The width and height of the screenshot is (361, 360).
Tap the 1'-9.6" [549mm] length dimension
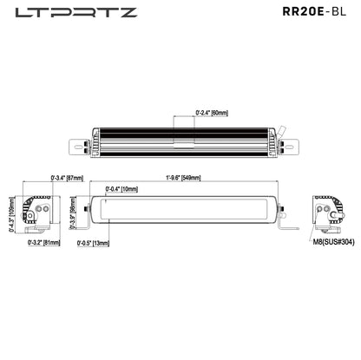click(183, 178)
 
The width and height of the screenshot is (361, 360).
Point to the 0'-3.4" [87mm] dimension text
click(67, 178)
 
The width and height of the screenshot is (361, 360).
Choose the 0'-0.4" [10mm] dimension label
click(121, 188)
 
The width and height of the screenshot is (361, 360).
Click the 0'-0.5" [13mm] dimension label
click(93, 243)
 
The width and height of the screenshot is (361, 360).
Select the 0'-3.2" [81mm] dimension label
click(43, 244)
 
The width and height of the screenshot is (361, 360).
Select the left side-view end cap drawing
click(37, 212)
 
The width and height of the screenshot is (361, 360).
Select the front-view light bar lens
click(186, 209)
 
